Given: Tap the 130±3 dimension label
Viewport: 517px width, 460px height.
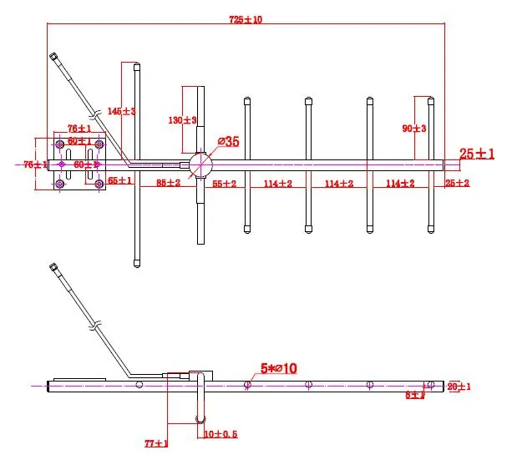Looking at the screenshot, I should pos(182,120).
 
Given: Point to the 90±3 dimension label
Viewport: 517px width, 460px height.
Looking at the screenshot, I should pos(415,128).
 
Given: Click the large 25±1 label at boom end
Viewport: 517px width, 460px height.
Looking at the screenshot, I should pos(477,154).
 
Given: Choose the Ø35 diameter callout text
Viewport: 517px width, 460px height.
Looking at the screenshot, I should pos(228,142).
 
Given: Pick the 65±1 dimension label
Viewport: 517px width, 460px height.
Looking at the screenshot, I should pos(120,180).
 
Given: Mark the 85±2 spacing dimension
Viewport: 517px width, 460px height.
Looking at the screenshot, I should pos(168,182).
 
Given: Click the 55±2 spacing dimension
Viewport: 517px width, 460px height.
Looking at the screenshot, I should pos(224,182).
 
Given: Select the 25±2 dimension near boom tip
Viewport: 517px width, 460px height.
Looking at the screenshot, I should pos(457,182).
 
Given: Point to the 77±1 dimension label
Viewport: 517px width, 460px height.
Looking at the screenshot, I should pos(156,443).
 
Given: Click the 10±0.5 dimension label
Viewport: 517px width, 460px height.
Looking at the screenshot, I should pos(220,434).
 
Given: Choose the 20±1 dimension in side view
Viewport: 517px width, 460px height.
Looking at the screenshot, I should pos(459,386).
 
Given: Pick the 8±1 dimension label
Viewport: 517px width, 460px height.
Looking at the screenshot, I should pos(415,395).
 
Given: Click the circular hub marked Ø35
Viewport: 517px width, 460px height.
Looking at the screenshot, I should pos(200,164).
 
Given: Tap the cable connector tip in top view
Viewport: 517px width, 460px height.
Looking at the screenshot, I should pos(53,57).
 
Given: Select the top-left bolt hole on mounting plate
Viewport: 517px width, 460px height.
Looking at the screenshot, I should pos(60,144).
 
